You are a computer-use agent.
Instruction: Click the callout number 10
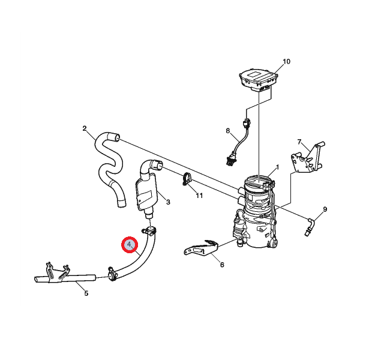[x=286, y=62]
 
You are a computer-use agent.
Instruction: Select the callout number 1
[x=278, y=167]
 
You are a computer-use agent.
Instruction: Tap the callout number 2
[x=85, y=128]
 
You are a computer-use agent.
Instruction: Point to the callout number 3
[x=168, y=202]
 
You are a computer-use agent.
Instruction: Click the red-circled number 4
[x=129, y=245]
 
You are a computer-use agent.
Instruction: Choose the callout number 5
[x=86, y=293]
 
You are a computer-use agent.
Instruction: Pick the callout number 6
[x=222, y=265]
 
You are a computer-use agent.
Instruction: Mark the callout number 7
[x=299, y=142]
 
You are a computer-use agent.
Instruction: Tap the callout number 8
[x=227, y=131]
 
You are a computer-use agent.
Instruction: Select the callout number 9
[x=325, y=209]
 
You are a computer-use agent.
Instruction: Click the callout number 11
[x=199, y=196]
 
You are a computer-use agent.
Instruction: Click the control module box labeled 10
[x=258, y=80]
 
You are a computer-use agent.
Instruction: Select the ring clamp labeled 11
[x=187, y=179]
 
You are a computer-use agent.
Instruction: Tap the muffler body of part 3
[x=146, y=193]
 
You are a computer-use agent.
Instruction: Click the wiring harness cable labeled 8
[x=238, y=143]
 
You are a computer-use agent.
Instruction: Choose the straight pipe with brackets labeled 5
[x=65, y=275]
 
